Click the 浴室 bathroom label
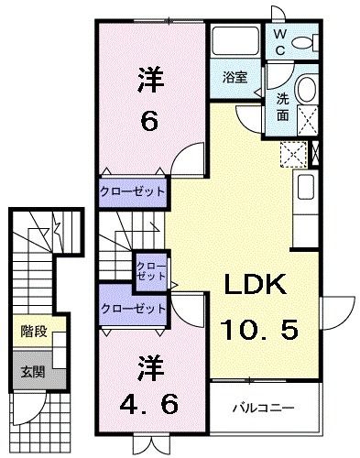pyautogui.click(x=235, y=78)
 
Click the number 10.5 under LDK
pyautogui.click(x=258, y=327)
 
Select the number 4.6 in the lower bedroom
pyautogui.click(x=151, y=401)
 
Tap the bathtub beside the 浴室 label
pyautogui.click(x=236, y=43)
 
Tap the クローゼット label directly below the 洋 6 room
pyautogui.click(x=133, y=191)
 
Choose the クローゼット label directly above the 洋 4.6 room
pyautogui.click(x=133, y=307)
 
